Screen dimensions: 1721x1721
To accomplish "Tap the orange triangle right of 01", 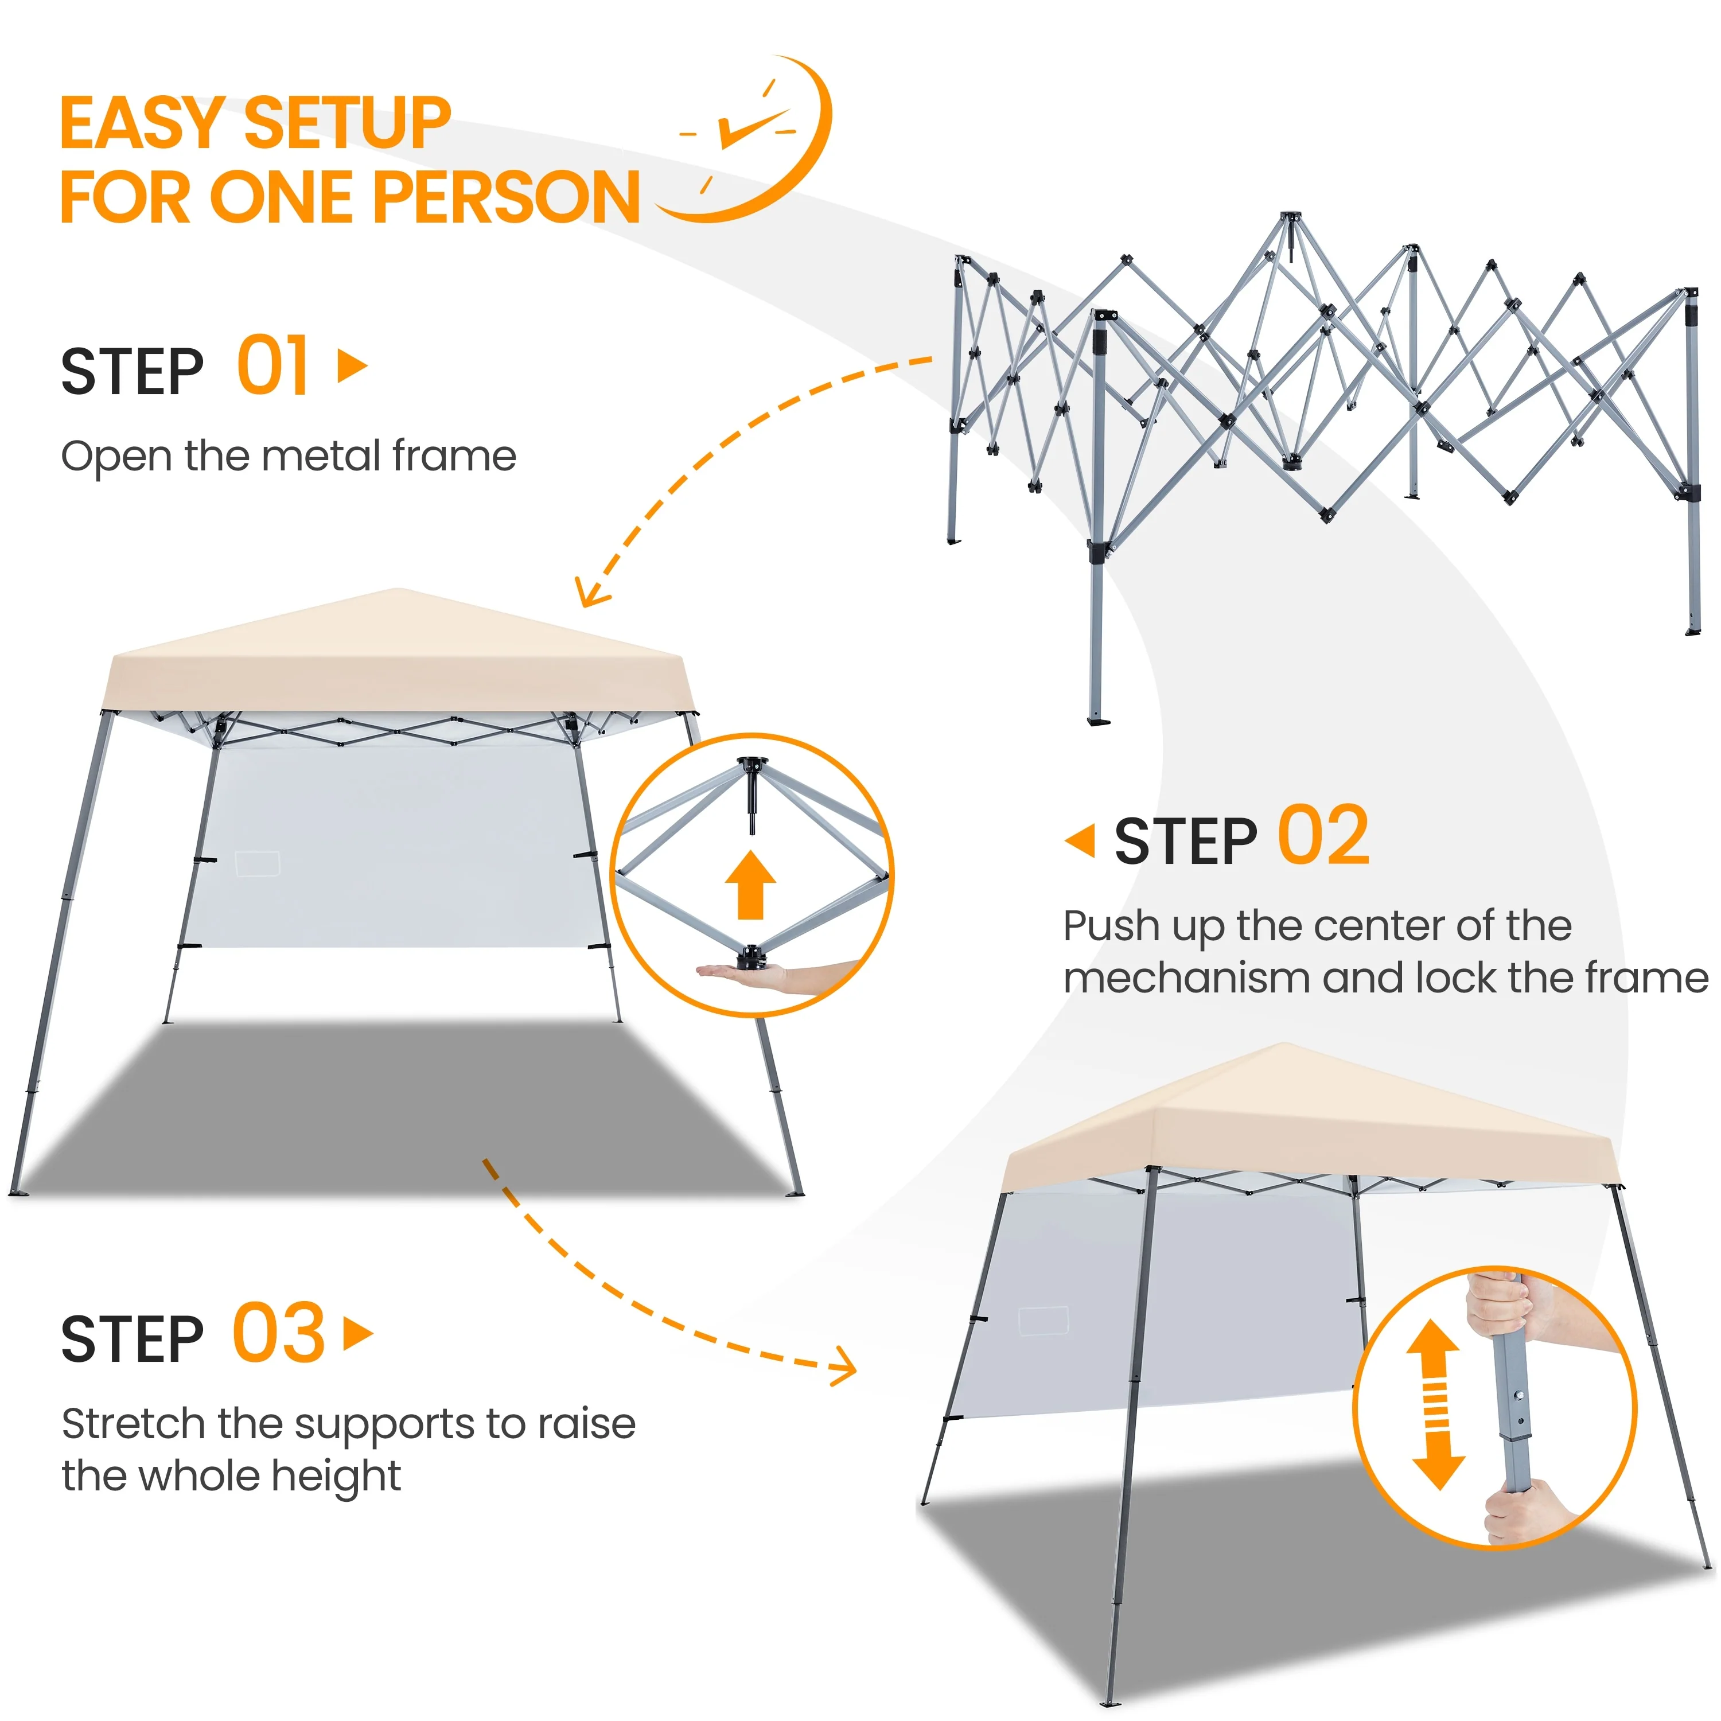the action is coord(353,365).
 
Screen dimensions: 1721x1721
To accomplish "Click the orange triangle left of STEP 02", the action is coord(1081,842).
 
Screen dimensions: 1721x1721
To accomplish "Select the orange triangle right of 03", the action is coord(358,1334).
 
